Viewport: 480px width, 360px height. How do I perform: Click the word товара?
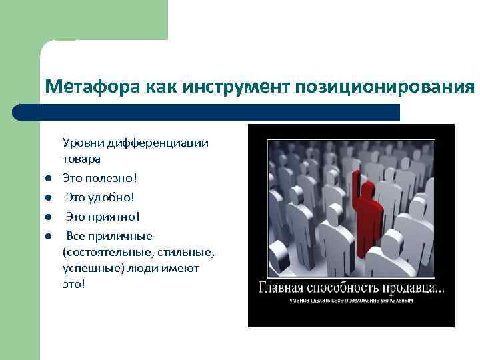pos(82,159)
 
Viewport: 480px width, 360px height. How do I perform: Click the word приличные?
pos(122,236)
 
